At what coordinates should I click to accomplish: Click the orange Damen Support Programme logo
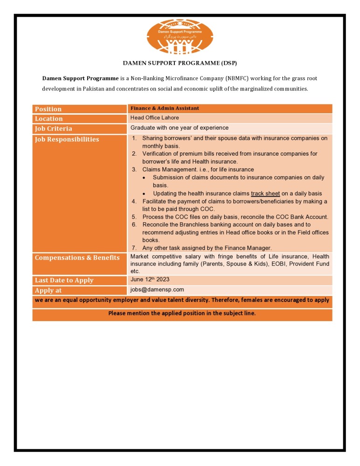click(x=180, y=36)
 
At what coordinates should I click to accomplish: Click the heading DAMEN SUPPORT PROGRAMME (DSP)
click(x=180, y=62)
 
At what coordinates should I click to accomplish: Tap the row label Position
click(x=48, y=109)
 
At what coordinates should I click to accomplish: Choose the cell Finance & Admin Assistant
click(x=165, y=108)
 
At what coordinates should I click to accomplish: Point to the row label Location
click(x=48, y=119)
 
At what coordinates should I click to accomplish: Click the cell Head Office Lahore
click(x=154, y=118)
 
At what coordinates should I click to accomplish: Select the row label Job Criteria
click(x=53, y=129)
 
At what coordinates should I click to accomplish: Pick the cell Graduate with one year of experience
click(x=180, y=128)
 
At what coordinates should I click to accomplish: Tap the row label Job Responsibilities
click(x=67, y=139)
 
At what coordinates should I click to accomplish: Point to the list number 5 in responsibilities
click(x=133, y=217)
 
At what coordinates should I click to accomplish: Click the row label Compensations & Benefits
click(x=77, y=258)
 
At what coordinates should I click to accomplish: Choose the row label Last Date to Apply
click(x=64, y=281)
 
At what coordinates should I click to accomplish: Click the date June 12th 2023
click(x=150, y=280)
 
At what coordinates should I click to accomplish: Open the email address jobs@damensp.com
click(x=157, y=289)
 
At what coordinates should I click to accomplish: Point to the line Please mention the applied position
click(x=182, y=313)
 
